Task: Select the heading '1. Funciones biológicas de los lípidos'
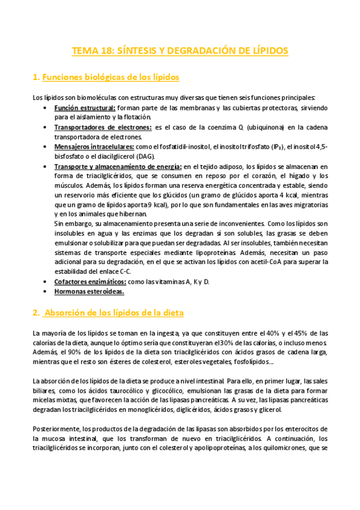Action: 105,78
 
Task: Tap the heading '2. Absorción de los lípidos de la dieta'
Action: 108,313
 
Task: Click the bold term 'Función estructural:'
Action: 81,108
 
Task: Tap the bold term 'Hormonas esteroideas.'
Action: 89,291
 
